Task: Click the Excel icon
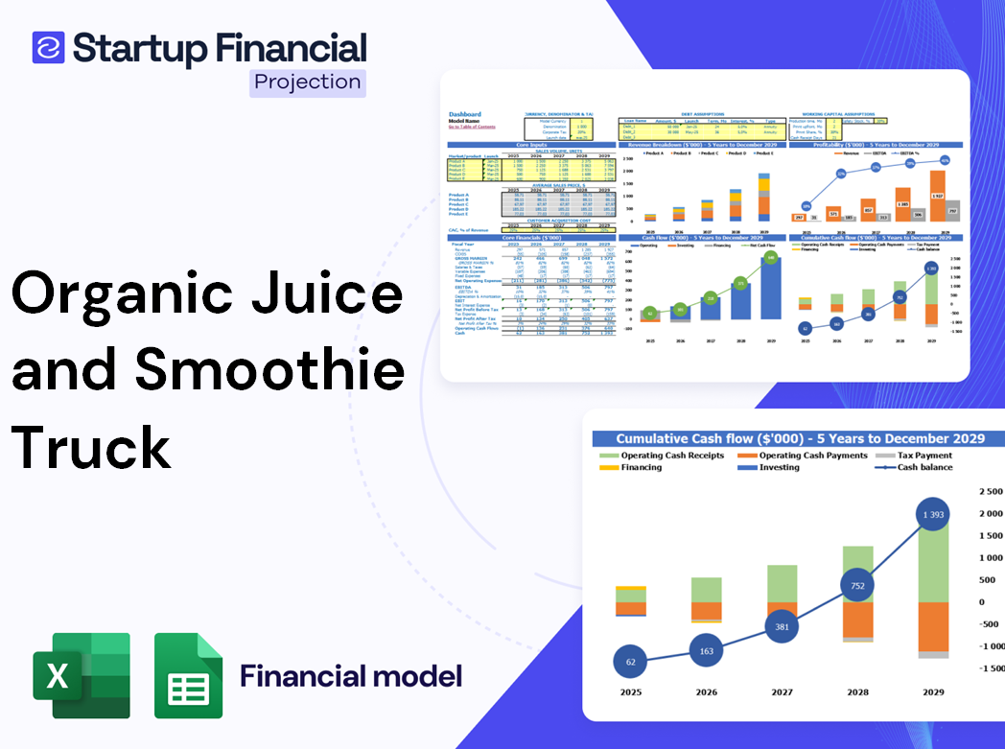coord(82,675)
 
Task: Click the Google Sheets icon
coord(188,675)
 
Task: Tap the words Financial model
coord(350,676)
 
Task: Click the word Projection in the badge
coord(308,82)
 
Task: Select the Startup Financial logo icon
coord(48,47)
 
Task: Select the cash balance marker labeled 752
coord(857,587)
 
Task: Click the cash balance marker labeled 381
coord(783,626)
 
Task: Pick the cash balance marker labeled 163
coord(707,651)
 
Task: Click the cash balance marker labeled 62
coord(631,662)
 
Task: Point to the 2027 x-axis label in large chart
coord(782,691)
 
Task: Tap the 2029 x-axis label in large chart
coord(932,691)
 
